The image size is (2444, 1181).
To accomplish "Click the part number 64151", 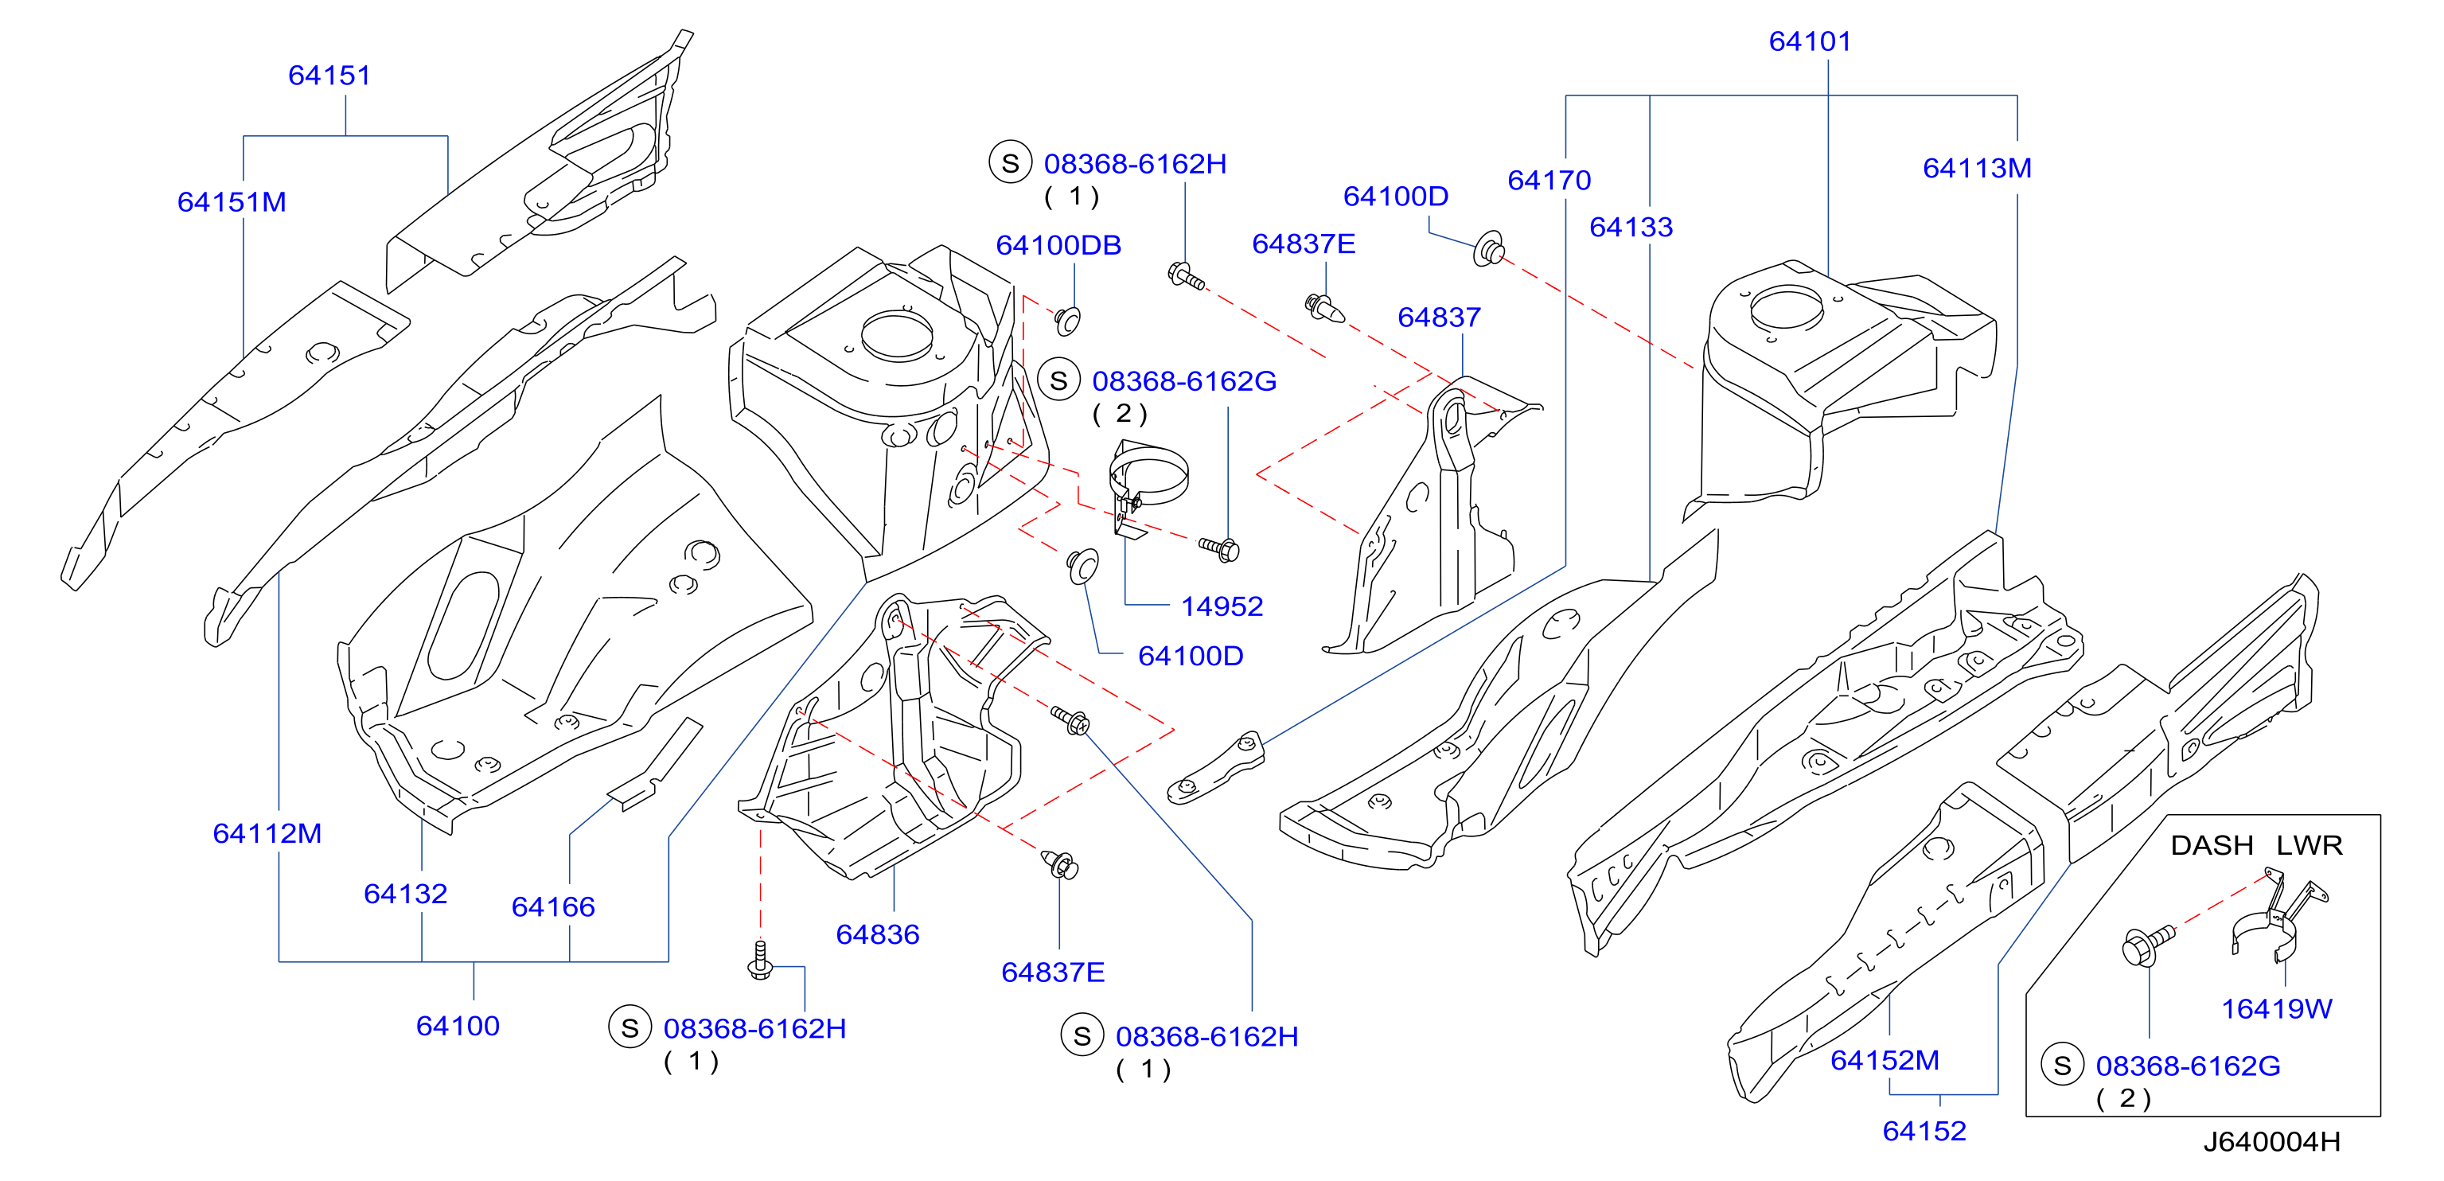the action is [329, 75].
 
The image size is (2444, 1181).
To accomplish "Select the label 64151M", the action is [232, 202].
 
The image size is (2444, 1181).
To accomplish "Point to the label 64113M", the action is [1977, 168].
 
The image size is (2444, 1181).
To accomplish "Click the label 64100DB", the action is [1058, 245].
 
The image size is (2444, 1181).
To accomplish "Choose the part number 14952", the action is [1222, 606].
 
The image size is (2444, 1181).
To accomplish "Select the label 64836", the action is [878, 934].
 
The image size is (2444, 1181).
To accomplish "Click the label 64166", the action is [553, 907].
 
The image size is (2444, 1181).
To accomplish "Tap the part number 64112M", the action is [267, 833].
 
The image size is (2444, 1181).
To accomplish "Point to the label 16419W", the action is [2276, 1008].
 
